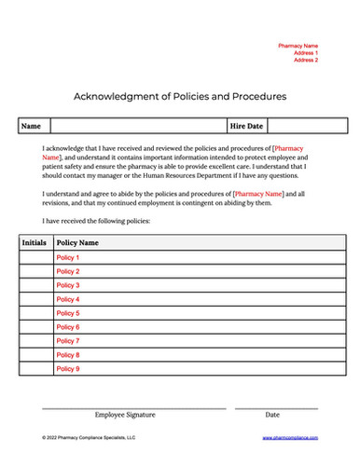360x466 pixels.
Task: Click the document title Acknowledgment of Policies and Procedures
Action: pos(179,96)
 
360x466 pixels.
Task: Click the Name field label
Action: pos(31,125)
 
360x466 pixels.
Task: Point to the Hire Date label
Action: pos(247,125)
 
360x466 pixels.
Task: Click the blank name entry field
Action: pos(137,125)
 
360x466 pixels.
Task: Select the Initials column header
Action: pos(35,242)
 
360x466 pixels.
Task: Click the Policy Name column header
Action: pos(78,242)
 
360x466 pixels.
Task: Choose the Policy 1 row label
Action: pos(68,257)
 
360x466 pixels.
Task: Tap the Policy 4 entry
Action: pos(68,299)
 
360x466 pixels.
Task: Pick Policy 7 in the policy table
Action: pos(68,341)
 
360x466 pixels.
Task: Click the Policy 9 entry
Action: pos(68,369)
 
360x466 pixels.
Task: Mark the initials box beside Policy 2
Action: pos(35,271)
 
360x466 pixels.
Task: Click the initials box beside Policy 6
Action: pos(35,327)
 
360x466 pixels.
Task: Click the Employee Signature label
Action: pos(125,415)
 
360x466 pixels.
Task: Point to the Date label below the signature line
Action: pos(272,415)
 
